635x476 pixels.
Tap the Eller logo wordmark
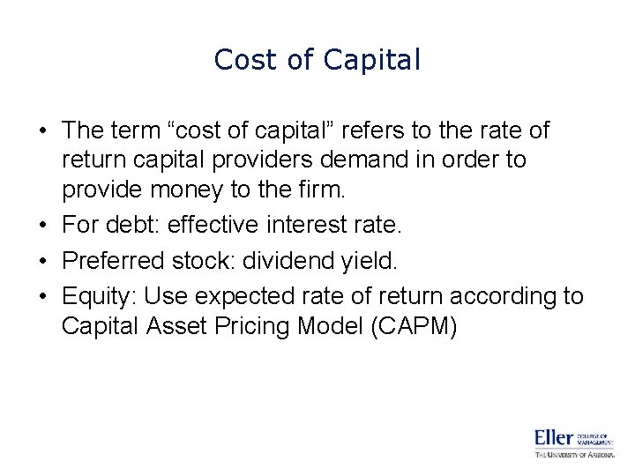[554, 438]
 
